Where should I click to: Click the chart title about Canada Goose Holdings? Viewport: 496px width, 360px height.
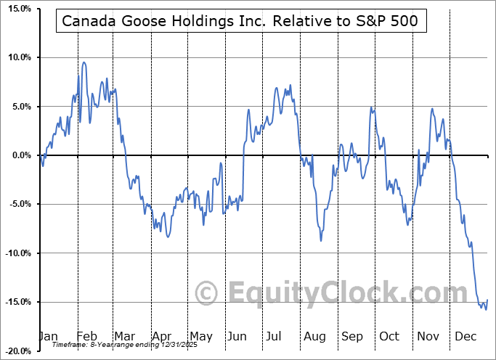tap(240, 21)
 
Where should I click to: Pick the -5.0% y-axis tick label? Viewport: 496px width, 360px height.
tap(18, 204)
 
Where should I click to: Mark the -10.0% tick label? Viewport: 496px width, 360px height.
tap(17, 253)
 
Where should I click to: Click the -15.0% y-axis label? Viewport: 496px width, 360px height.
tap(17, 302)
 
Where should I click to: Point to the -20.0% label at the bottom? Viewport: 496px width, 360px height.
tap(17, 351)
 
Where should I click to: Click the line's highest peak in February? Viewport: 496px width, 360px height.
tap(84, 62)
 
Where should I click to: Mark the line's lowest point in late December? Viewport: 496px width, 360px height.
tap(485, 309)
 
